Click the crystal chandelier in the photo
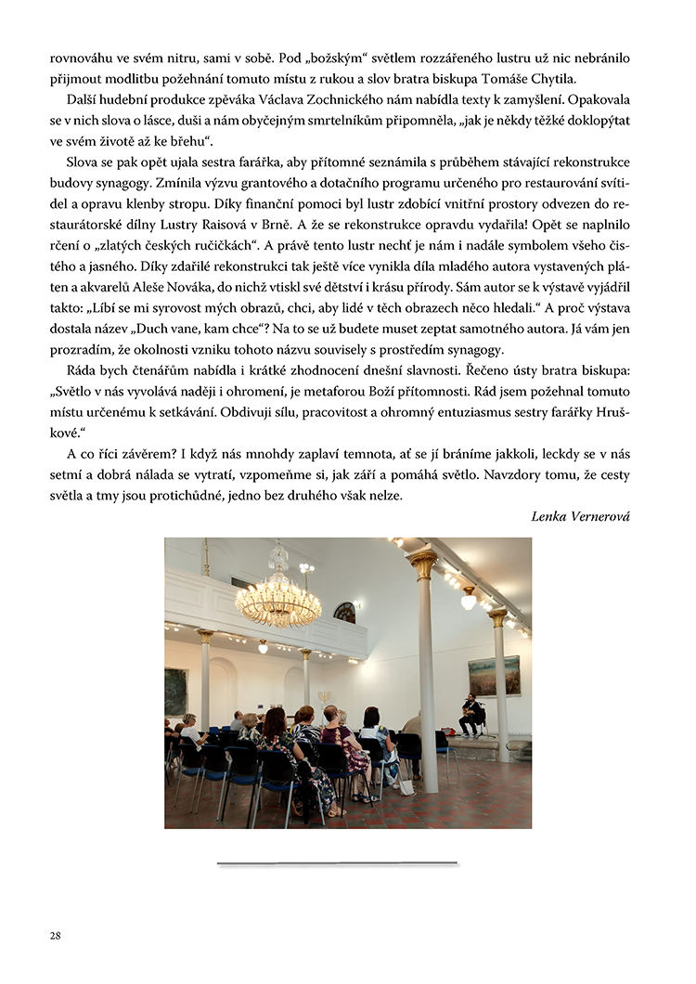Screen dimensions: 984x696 click(x=278, y=594)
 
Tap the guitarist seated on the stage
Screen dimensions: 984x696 click(x=471, y=713)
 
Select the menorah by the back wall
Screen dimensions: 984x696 click(x=325, y=697)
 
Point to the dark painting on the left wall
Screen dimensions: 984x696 click(x=175, y=691)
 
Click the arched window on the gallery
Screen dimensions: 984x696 click(x=344, y=612)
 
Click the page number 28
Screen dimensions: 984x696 click(x=56, y=935)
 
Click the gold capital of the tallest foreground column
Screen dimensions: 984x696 click(x=423, y=563)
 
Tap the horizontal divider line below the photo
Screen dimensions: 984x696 click(x=338, y=863)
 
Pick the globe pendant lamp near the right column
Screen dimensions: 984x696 click(x=469, y=602)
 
